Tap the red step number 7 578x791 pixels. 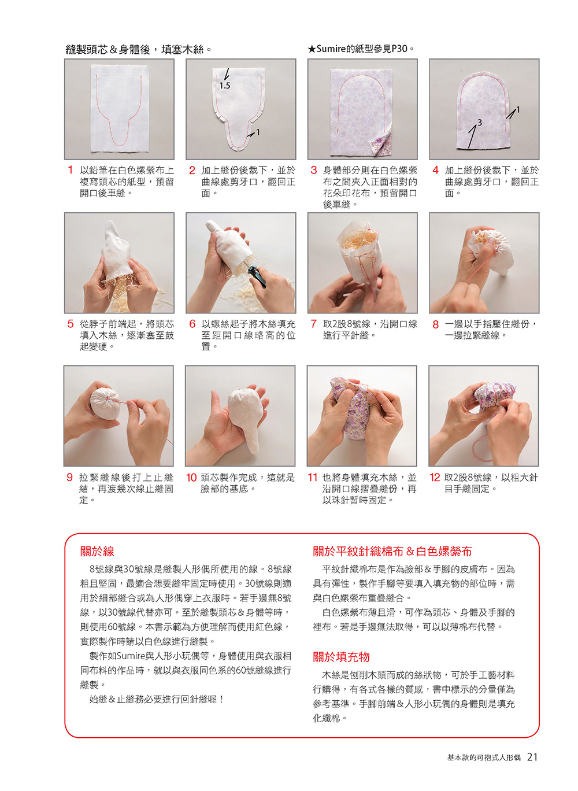point(313,324)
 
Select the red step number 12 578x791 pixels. point(434,478)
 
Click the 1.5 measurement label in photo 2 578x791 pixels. point(225,86)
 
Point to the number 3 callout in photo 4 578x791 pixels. point(479,122)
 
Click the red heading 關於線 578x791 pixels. point(97,551)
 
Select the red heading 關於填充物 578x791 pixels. point(341,657)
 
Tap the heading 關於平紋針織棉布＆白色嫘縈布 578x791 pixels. point(392,551)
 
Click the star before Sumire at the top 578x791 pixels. point(311,49)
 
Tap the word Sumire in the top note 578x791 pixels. point(331,49)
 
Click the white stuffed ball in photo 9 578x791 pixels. point(106,403)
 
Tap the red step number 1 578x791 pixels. point(71,170)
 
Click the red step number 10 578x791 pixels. point(191,478)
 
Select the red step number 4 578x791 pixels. point(435,170)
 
